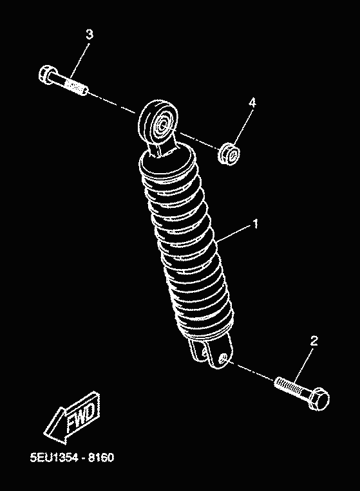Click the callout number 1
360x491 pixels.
(x=256, y=223)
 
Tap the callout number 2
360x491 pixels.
(x=314, y=340)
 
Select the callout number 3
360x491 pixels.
(x=90, y=34)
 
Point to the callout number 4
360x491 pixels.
(x=252, y=102)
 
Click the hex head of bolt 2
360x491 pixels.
(x=319, y=398)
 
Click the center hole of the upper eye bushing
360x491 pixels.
(x=162, y=125)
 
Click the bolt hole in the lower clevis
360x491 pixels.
(x=223, y=358)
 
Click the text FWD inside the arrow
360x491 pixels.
(x=81, y=417)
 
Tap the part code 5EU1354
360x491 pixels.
(x=54, y=458)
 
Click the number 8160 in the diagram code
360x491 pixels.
(x=101, y=458)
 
